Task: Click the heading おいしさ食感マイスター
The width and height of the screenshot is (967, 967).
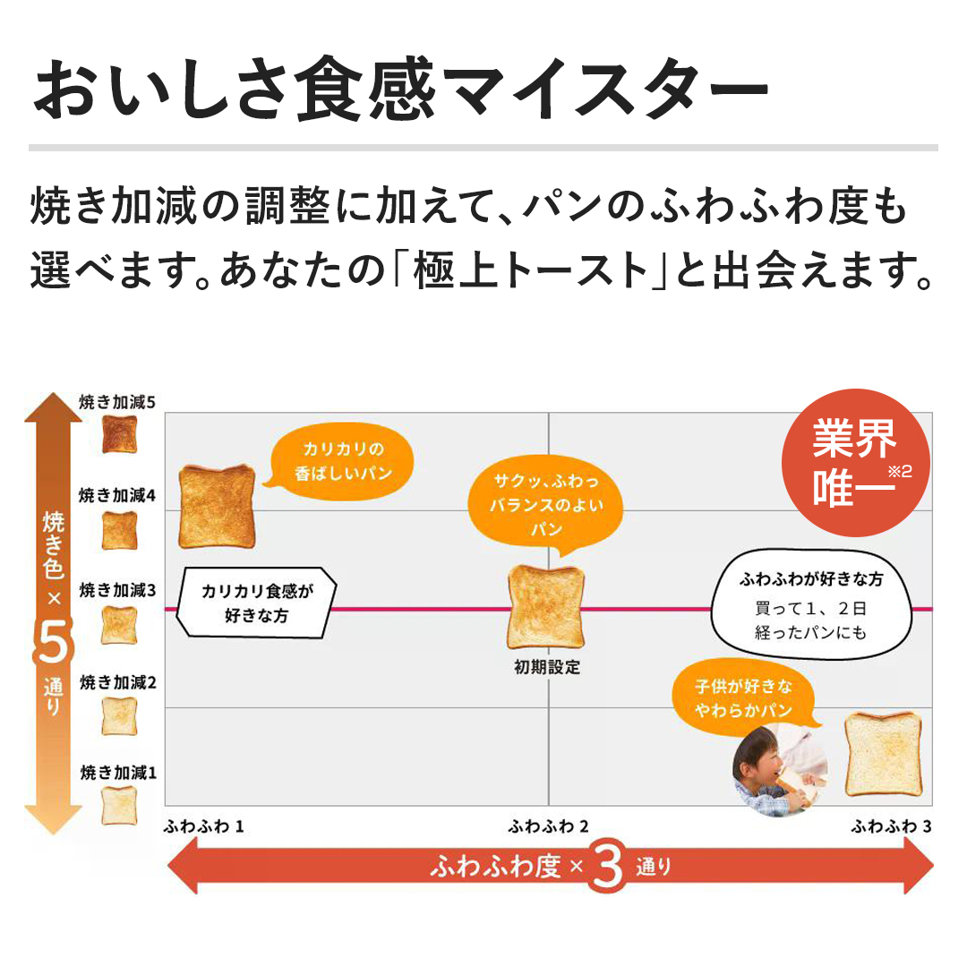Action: [400, 90]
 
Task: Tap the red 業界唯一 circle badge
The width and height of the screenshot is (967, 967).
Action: [855, 462]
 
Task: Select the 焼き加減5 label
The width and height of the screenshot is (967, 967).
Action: [117, 403]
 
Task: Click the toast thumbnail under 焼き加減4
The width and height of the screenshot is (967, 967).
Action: [119, 530]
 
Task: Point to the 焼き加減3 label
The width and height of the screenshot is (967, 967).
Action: [117, 590]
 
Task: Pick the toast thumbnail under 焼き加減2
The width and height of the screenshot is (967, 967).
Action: [119, 715]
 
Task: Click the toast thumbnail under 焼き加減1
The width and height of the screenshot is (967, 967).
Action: [119, 805]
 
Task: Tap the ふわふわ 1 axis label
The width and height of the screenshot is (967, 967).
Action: [204, 826]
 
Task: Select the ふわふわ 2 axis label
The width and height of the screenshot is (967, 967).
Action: [548, 826]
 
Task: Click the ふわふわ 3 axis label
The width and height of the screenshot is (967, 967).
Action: [891, 826]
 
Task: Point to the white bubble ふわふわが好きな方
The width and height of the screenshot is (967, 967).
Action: [810, 606]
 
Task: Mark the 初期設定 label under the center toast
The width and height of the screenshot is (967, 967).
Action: [546, 667]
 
